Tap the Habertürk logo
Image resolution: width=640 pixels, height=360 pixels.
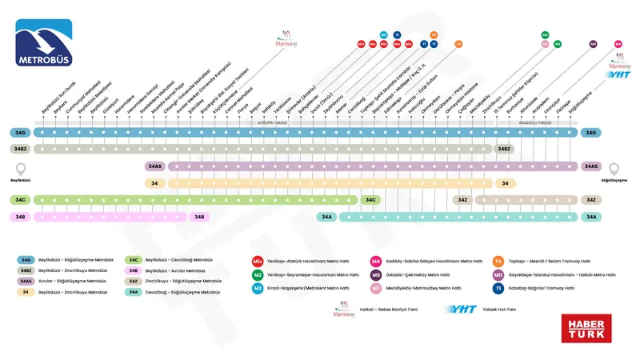click(x=587, y=328)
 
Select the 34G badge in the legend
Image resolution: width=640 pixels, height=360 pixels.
click(x=26, y=260)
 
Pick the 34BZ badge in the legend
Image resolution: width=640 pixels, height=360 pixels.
click(x=26, y=271)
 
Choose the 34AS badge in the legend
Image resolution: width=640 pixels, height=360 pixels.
click(x=26, y=282)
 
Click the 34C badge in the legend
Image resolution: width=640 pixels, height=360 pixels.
click(x=134, y=260)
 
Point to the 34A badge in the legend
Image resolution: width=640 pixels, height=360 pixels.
click(x=134, y=293)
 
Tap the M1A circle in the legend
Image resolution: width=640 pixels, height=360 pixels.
click(x=258, y=261)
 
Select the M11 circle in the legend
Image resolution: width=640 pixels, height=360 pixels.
click(x=498, y=274)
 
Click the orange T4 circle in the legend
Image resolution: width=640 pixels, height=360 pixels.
click(x=498, y=261)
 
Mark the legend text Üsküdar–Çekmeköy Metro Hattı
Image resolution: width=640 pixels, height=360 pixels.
click(x=417, y=274)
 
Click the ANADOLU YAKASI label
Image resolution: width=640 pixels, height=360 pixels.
click(x=537, y=122)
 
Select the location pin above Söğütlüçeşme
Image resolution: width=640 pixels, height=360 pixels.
click(x=614, y=169)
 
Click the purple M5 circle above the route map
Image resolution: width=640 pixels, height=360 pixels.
click(x=594, y=44)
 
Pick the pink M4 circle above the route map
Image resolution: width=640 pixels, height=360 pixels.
click(x=618, y=44)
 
